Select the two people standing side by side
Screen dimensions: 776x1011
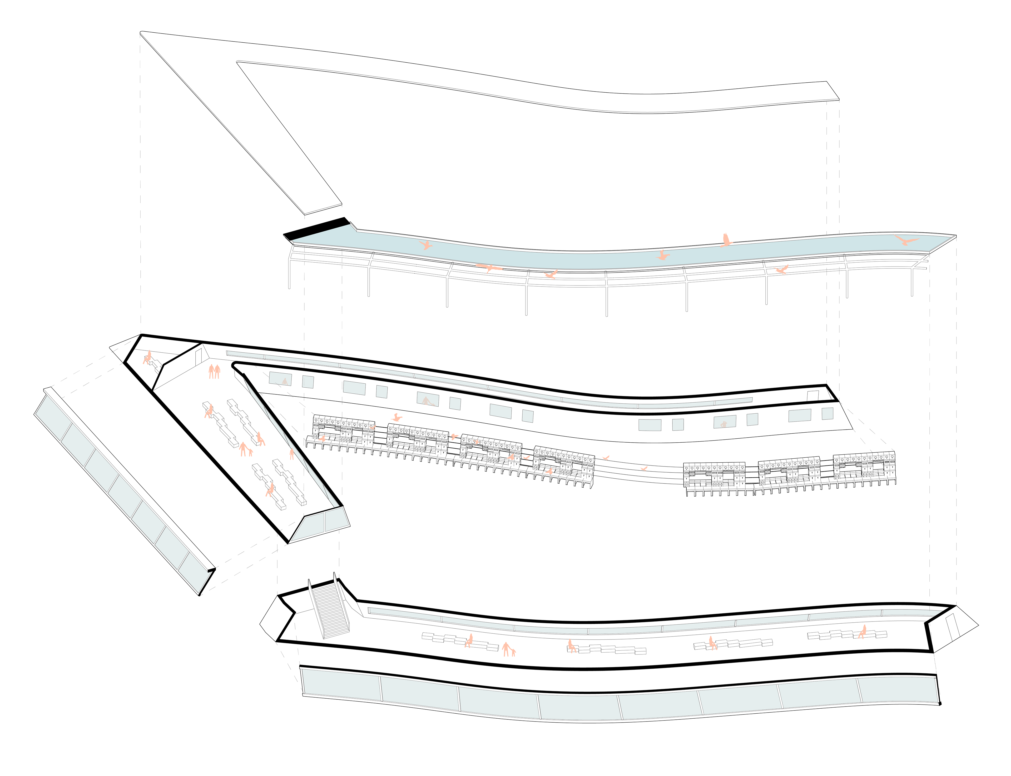tap(214, 371)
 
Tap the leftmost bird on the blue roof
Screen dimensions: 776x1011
tap(425, 245)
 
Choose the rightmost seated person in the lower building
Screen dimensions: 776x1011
tap(862, 632)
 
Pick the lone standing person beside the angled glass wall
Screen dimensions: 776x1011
tap(291, 454)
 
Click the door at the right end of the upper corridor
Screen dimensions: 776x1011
tap(812, 395)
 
